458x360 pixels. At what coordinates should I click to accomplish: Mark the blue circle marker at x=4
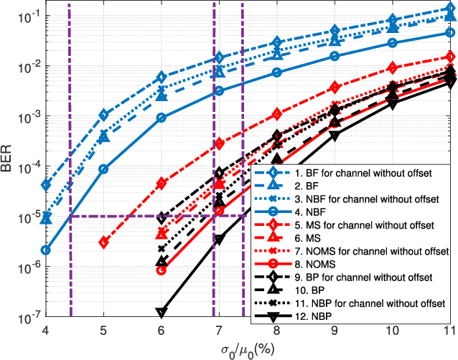46,250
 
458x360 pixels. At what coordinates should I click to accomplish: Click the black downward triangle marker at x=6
162,313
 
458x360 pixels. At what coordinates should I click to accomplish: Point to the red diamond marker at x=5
104,242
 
